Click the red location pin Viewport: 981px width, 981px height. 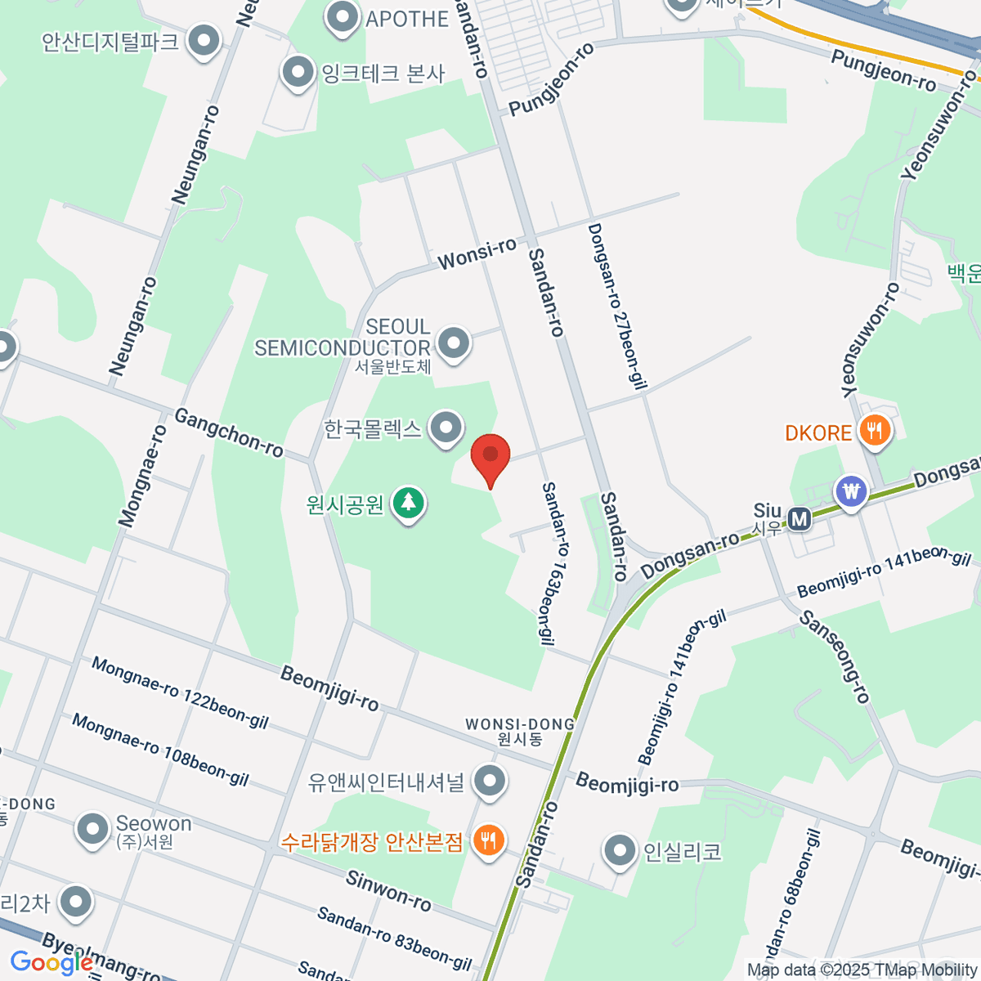click(490, 455)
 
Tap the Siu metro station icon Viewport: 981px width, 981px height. click(799, 517)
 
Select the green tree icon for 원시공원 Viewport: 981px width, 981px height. click(408, 503)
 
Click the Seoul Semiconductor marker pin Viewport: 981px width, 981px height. click(454, 344)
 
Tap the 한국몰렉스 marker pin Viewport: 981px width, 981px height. click(446, 428)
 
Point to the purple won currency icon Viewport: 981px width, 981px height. click(852, 492)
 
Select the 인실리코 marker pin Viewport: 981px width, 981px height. click(620, 851)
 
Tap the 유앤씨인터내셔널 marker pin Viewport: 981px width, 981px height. click(490, 781)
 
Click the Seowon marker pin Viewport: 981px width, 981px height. click(92, 830)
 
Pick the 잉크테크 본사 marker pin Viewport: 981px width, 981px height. click(298, 73)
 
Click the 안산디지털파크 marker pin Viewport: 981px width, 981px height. click(204, 40)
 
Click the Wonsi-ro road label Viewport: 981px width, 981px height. click(477, 253)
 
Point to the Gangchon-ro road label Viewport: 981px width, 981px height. click(229, 433)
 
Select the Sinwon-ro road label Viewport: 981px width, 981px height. click(388, 891)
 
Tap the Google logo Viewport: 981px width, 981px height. click(51, 963)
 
